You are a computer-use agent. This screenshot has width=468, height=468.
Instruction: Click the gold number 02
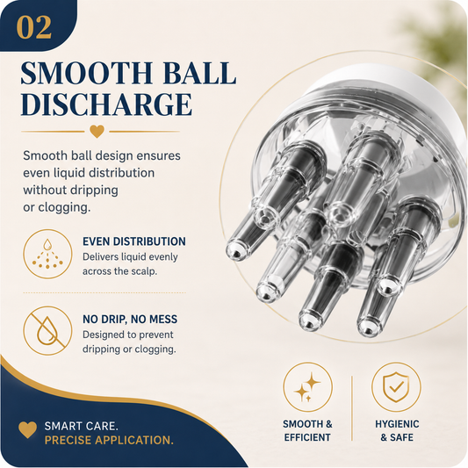pos(33,27)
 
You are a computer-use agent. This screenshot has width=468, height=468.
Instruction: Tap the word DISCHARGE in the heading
pos(106,104)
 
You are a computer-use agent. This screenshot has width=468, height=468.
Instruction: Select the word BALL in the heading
pos(199,73)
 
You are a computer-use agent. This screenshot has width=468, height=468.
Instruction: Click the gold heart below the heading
pos(97,131)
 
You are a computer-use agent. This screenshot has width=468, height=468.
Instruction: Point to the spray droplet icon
pos(47,254)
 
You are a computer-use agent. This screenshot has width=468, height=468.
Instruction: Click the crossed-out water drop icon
pos(47,330)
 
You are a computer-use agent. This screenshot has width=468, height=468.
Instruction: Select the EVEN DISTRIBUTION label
pos(134,241)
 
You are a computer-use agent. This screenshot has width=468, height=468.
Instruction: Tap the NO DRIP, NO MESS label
pos(130,319)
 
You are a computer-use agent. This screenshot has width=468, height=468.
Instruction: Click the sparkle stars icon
pos(307,387)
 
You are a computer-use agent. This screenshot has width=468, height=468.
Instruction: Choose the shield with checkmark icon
pos(396,387)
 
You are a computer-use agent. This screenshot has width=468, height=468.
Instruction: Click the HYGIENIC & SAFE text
pos(397,430)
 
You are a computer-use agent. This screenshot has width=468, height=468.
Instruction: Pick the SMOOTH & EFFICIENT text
pos(307,430)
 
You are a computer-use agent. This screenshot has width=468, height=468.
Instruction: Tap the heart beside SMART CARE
pos(27,429)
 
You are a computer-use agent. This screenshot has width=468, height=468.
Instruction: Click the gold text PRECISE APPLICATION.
pos(109,440)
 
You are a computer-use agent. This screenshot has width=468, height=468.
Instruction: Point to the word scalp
pos(144,271)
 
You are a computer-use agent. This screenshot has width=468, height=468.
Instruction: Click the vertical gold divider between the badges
pos(352,408)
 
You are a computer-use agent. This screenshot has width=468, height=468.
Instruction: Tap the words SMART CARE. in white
pos(81,426)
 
